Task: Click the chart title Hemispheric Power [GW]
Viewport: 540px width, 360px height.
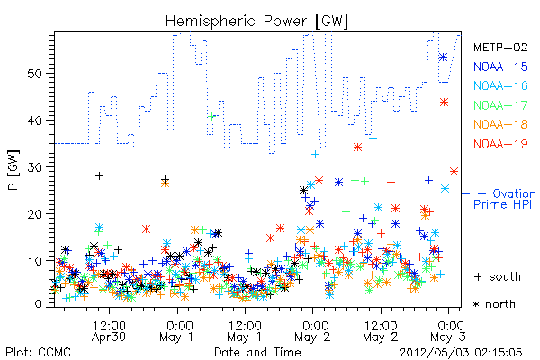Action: click(x=256, y=21)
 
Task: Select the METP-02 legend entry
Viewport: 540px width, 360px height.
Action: click(x=500, y=47)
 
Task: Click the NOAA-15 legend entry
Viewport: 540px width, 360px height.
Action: click(x=500, y=67)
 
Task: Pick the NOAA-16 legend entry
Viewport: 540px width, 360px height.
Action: click(x=500, y=85)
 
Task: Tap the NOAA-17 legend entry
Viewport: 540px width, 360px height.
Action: click(x=500, y=105)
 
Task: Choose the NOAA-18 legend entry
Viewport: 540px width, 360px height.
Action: click(x=500, y=124)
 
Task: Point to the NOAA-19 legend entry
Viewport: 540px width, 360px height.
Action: click(x=500, y=144)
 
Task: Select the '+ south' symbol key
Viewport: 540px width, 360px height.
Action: click(x=498, y=276)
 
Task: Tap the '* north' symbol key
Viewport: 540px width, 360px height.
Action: click(x=494, y=304)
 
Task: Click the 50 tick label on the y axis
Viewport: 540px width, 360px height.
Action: click(x=35, y=74)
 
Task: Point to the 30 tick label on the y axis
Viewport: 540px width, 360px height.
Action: click(x=35, y=167)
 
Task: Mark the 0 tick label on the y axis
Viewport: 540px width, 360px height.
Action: click(x=39, y=304)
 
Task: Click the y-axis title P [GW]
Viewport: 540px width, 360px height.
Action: click(x=13, y=169)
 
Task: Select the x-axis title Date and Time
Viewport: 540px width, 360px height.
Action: click(x=257, y=353)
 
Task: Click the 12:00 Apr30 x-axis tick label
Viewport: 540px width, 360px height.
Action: click(x=109, y=331)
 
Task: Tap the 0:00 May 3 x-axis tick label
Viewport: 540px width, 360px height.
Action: click(x=449, y=331)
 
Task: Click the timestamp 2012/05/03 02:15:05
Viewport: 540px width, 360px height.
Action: click(x=461, y=353)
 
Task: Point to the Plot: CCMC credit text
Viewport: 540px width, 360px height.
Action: click(x=38, y=353)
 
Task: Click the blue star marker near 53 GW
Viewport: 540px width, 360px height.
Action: click(x=443, y=58)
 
